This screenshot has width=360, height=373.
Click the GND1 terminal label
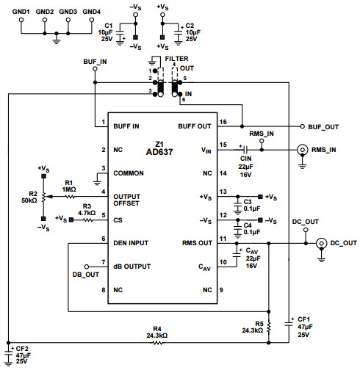[x=21, y=12]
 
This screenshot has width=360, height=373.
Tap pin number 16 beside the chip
[x=223, y=121]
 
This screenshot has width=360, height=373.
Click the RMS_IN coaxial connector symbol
[x=302, y=151]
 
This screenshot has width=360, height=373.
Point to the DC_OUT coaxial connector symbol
[x=323, y=243]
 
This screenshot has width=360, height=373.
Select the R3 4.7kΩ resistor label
[x=86, y=211]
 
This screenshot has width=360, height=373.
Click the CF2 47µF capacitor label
[x=22, y=355]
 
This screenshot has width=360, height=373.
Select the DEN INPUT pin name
[x=130, y=242]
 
